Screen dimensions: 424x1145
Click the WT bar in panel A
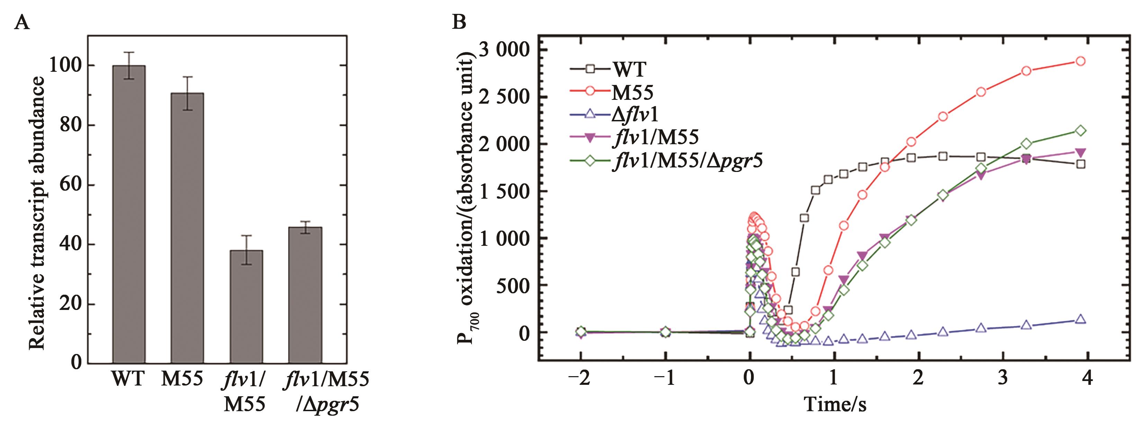coord(129,214)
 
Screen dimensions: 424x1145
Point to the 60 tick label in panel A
coord(71,185)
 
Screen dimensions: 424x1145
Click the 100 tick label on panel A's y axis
coord(66,66)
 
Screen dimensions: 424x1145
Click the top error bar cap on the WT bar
coord(129,52)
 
